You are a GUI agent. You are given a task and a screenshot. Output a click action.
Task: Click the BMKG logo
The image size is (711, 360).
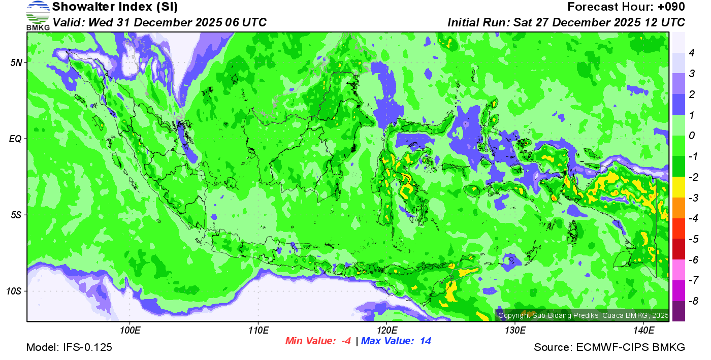pyautogui.click(x=38, y=16)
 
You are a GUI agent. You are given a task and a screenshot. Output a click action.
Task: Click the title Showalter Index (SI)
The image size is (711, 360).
pyautogui.click(x=115, y=7)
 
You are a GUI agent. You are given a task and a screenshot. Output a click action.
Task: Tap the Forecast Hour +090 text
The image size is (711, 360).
pyautogui.click(x=626, y=7)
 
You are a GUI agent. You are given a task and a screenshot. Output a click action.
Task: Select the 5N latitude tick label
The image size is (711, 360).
pyautogui.click(x=16, y=62)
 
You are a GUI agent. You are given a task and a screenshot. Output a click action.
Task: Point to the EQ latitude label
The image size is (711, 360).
pyautogui.click(x=15, y=139)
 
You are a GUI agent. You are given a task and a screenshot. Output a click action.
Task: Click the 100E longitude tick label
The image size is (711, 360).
pyautogui.click(x=130, y=331)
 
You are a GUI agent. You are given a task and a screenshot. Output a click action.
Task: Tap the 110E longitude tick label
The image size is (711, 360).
pyautogui.click(x=258, y=331)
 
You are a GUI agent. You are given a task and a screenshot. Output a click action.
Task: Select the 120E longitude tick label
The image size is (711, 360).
pyautogui.click(x=386, y=331)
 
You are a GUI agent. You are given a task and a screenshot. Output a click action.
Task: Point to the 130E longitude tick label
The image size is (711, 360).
pyautogui.click(x=515, y=331)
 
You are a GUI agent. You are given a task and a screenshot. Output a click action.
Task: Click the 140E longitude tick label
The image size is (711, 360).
pyautogui.click(x=643, y=331)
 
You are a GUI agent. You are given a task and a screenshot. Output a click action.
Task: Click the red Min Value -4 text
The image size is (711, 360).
pyautogui.click(x=318, y=341)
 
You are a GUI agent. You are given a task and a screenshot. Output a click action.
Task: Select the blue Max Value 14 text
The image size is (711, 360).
pyautogui.click(x=396, y=341)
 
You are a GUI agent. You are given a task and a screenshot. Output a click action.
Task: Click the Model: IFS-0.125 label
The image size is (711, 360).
pyautogui.click(x=69, y=347)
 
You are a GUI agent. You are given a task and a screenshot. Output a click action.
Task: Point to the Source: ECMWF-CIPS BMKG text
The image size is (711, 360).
pyautogui.click(x=609, y=347)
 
